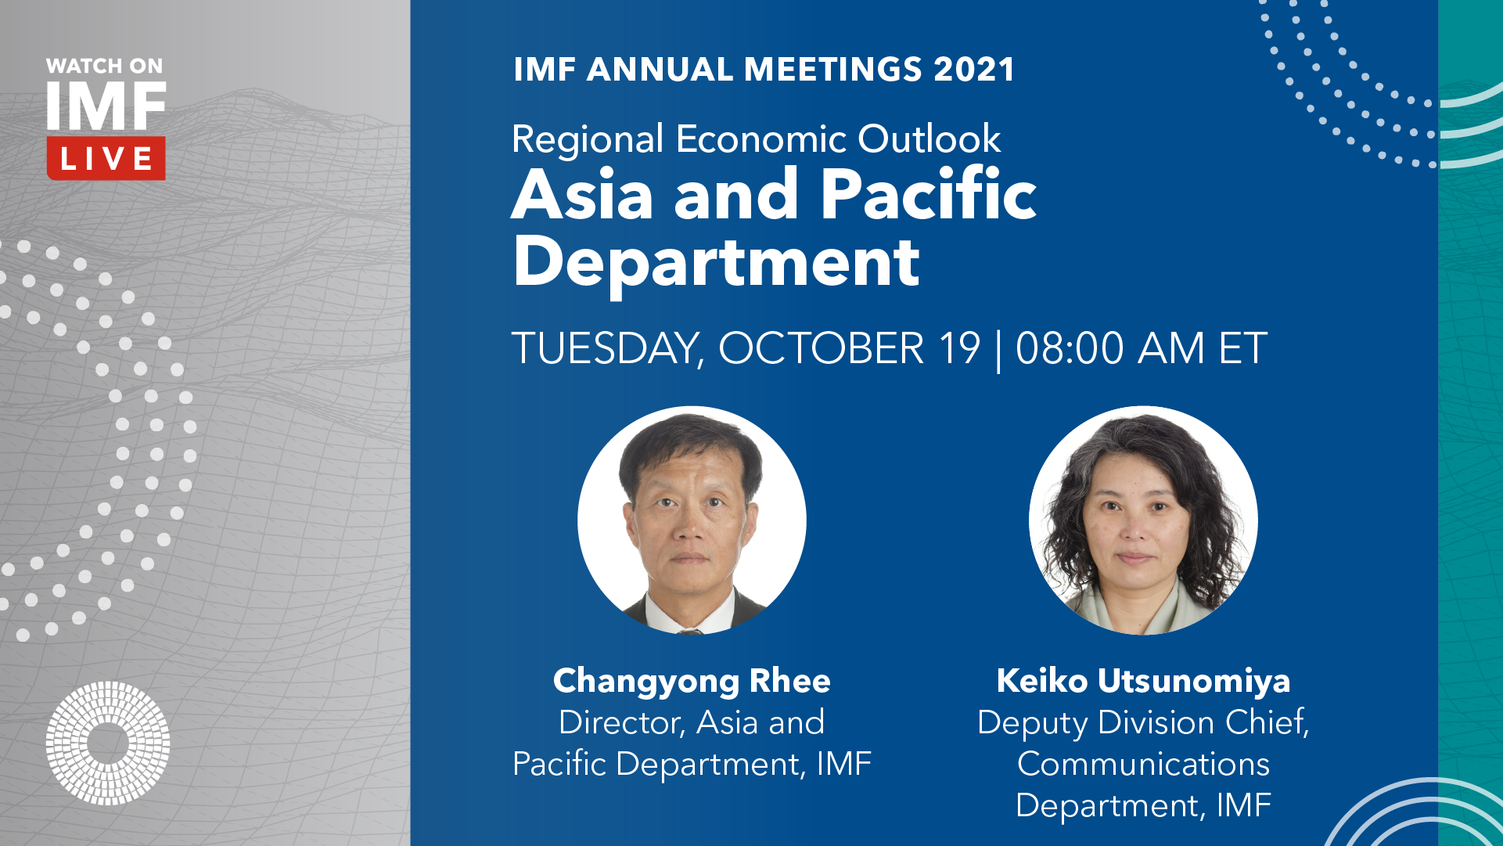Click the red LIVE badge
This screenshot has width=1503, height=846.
106,159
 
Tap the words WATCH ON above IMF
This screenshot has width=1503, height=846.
105,67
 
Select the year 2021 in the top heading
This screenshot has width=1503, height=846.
974,70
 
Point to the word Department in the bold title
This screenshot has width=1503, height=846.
716,263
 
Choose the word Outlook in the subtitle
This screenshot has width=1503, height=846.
929,139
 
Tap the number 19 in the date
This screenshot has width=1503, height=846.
959,348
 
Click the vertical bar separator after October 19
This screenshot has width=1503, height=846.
998,351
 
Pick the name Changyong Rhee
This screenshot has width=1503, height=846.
692,682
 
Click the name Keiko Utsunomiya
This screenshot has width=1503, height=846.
1143,681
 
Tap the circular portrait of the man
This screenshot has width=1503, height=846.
692,520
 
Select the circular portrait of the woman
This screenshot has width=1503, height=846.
1143,520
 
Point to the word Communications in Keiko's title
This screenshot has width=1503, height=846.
1143,765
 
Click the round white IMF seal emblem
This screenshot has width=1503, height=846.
108,743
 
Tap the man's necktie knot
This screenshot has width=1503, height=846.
689,630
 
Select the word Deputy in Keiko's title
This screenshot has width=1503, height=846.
1033,724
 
